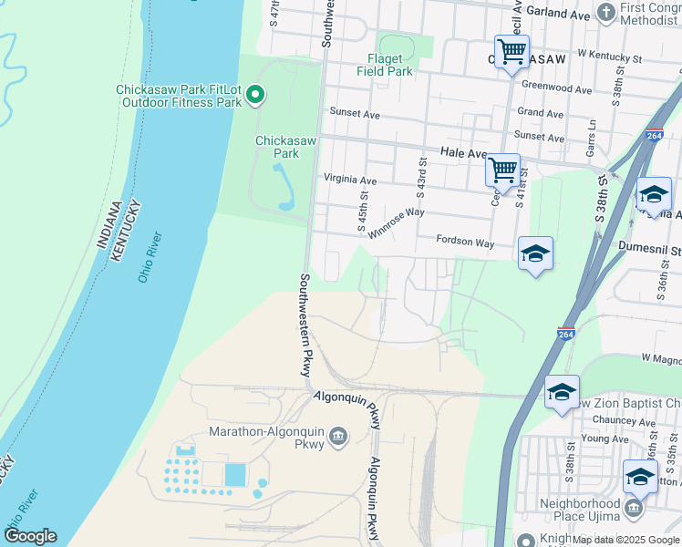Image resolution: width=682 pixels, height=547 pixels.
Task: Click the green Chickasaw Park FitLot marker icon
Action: click(x=256, y=94)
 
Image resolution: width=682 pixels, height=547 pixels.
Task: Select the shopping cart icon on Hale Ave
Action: click(x=502, y=169)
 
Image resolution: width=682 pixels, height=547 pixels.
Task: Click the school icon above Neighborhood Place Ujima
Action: click(x=640, y=477)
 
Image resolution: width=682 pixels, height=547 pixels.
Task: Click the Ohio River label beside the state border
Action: click(x=150, y=257)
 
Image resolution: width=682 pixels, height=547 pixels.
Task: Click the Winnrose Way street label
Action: click(x=396, y=222)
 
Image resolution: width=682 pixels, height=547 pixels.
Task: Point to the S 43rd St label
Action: click(x=422, y=178)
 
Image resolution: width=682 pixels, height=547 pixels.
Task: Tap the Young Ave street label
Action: click(x=605, y=439)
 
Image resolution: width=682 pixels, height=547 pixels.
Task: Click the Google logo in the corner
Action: click(x=30, y=536)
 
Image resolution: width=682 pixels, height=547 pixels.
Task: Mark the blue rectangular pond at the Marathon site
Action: click(x=234, y=474)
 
